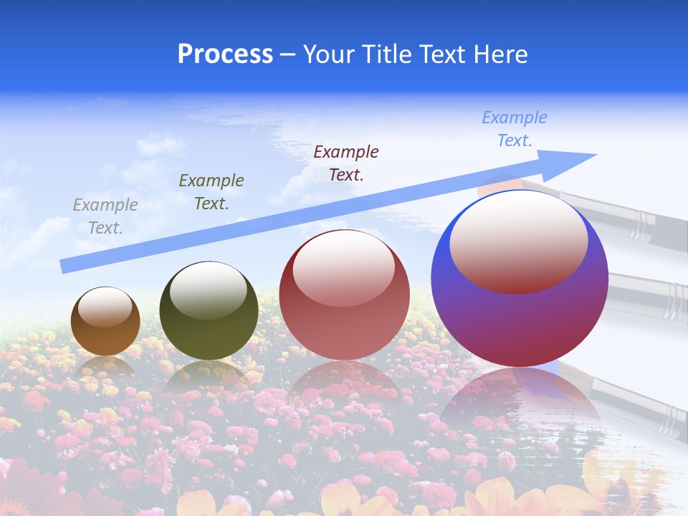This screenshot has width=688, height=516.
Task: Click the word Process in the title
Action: coord(225,54)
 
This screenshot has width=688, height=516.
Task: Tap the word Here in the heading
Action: coord(500,54)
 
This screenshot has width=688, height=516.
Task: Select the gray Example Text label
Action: coord(105,216)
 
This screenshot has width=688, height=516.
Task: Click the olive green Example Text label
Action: coord(211,192)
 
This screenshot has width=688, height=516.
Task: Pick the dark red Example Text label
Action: coord(346,163)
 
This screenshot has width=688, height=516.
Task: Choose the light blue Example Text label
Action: coord(515,129)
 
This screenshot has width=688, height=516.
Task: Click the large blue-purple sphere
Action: coord(520,322)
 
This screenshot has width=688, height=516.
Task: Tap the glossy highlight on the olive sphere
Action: coord(209,290)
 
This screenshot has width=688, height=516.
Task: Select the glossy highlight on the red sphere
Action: coord(344,269)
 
